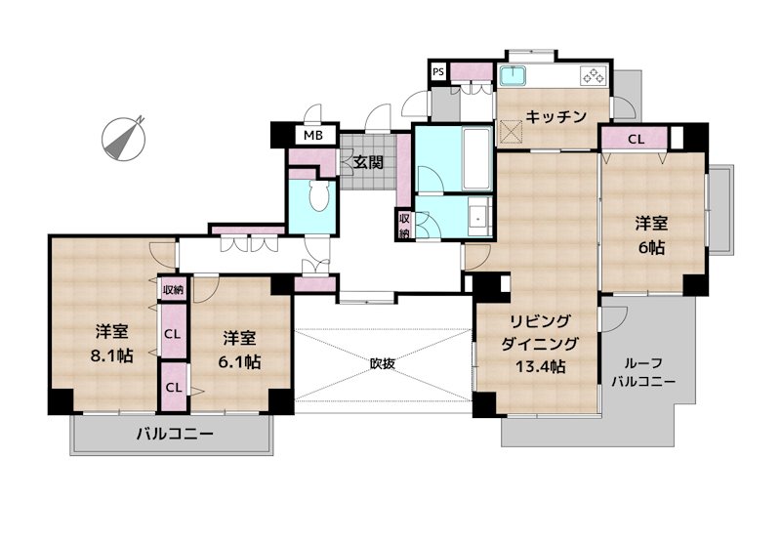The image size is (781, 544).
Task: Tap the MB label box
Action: (x=313, y=136)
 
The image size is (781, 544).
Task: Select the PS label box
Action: (x=439, y=71)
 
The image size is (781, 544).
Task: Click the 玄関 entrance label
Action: (x=368, y=161)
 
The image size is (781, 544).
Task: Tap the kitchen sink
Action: (x=514, y=75)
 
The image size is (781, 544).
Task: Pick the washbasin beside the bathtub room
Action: (x=477, y=217)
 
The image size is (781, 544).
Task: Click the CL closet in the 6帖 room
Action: (x=636, y=139)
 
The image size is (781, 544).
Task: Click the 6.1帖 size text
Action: (x=239, y=361)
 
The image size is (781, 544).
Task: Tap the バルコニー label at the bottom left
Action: (x=174, y=436)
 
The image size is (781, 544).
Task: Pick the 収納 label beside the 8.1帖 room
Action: (x=173, y=290)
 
